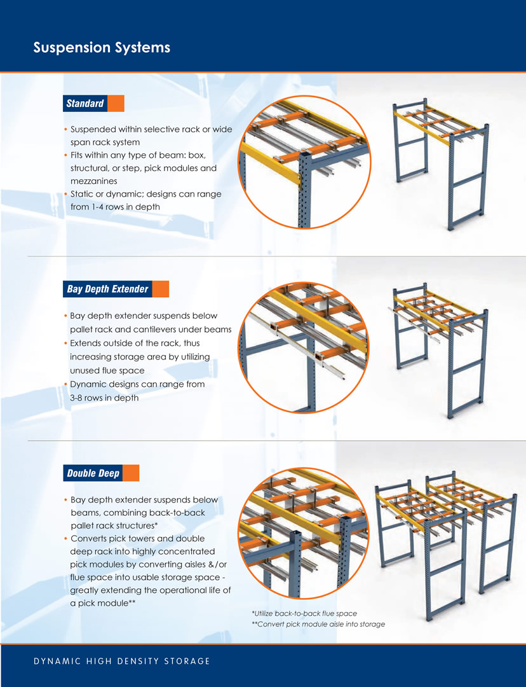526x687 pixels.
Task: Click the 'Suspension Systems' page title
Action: (102, 47)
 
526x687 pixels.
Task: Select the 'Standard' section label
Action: (85, 104)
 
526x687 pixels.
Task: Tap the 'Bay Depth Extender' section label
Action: (107, 289)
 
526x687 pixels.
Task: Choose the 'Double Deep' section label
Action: (93, 473)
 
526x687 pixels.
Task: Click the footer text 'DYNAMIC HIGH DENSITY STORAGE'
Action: (122, 661)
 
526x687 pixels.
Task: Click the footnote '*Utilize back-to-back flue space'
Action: (304, 613)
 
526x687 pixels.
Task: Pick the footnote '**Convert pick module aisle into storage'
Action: (318, 624)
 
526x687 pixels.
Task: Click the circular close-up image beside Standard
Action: (304, 162)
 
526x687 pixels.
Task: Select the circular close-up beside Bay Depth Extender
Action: (304, 347)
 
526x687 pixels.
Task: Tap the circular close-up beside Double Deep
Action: (304, 533)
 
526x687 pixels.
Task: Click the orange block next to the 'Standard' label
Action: (116, 104)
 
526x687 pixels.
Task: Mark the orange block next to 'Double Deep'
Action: (131, 473)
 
